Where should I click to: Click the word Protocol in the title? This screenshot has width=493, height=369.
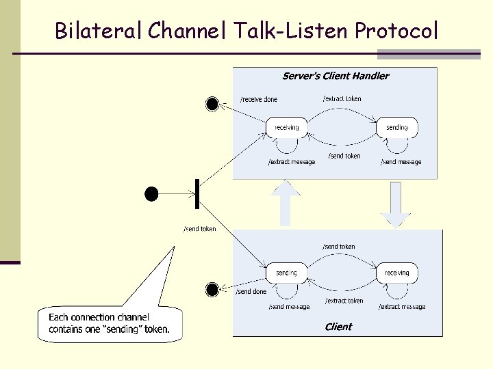click(396, 31)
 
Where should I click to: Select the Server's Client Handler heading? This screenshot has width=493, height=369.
click(336, 76)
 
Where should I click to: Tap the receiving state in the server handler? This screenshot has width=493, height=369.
click(286, 128)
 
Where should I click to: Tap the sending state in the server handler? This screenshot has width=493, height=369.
click(396, 128)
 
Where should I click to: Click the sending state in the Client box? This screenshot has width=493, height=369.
click(286, 273)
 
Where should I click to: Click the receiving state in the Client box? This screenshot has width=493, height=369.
click(396, 273)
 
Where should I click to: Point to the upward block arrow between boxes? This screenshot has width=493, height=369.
click(286, 203)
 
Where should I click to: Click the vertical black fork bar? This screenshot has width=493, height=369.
click(197, 194)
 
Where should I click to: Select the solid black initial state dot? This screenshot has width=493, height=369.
click(151, 194)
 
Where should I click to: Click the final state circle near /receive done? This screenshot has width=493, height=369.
click(212, 104)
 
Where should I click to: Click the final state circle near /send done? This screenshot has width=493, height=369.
click(212, 290)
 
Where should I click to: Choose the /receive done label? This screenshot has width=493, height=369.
click(259, 100)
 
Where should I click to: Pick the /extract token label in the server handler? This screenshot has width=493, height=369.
click(342, 99)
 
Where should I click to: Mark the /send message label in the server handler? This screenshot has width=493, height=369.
click(401, 163)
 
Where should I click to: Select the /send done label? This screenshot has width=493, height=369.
click(251, 292)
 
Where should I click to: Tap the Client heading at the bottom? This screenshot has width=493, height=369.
click(338, 327)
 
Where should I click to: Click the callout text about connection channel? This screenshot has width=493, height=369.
click(109, 323)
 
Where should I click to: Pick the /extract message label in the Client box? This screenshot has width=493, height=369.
click(402, 307)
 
